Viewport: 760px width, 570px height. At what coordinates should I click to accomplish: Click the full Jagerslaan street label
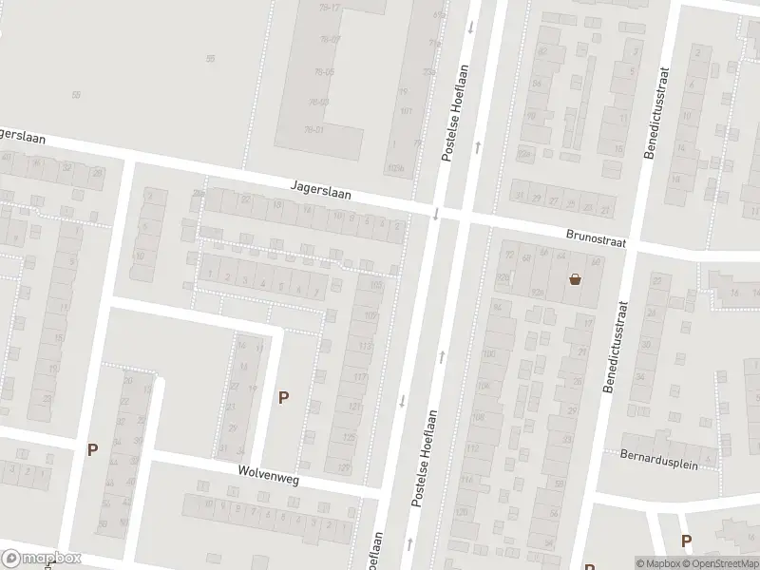pos(321,191)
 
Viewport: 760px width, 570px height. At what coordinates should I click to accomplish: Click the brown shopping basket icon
pos(575,279)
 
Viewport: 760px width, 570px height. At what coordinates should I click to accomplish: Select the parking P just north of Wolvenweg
pos(283,398)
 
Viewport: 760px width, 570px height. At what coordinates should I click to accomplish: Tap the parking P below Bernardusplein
pos(686,541)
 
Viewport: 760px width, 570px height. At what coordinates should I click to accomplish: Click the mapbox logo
pos(42,559)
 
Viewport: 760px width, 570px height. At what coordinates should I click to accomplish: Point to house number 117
pos(360,377)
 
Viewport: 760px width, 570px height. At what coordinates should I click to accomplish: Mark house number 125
pos(348,438)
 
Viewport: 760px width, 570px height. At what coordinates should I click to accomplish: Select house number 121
pos(353,408)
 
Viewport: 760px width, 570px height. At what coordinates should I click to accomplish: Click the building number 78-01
pos(313,130)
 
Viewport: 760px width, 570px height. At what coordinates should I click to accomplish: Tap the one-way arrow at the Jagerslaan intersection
pos(436,213)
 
